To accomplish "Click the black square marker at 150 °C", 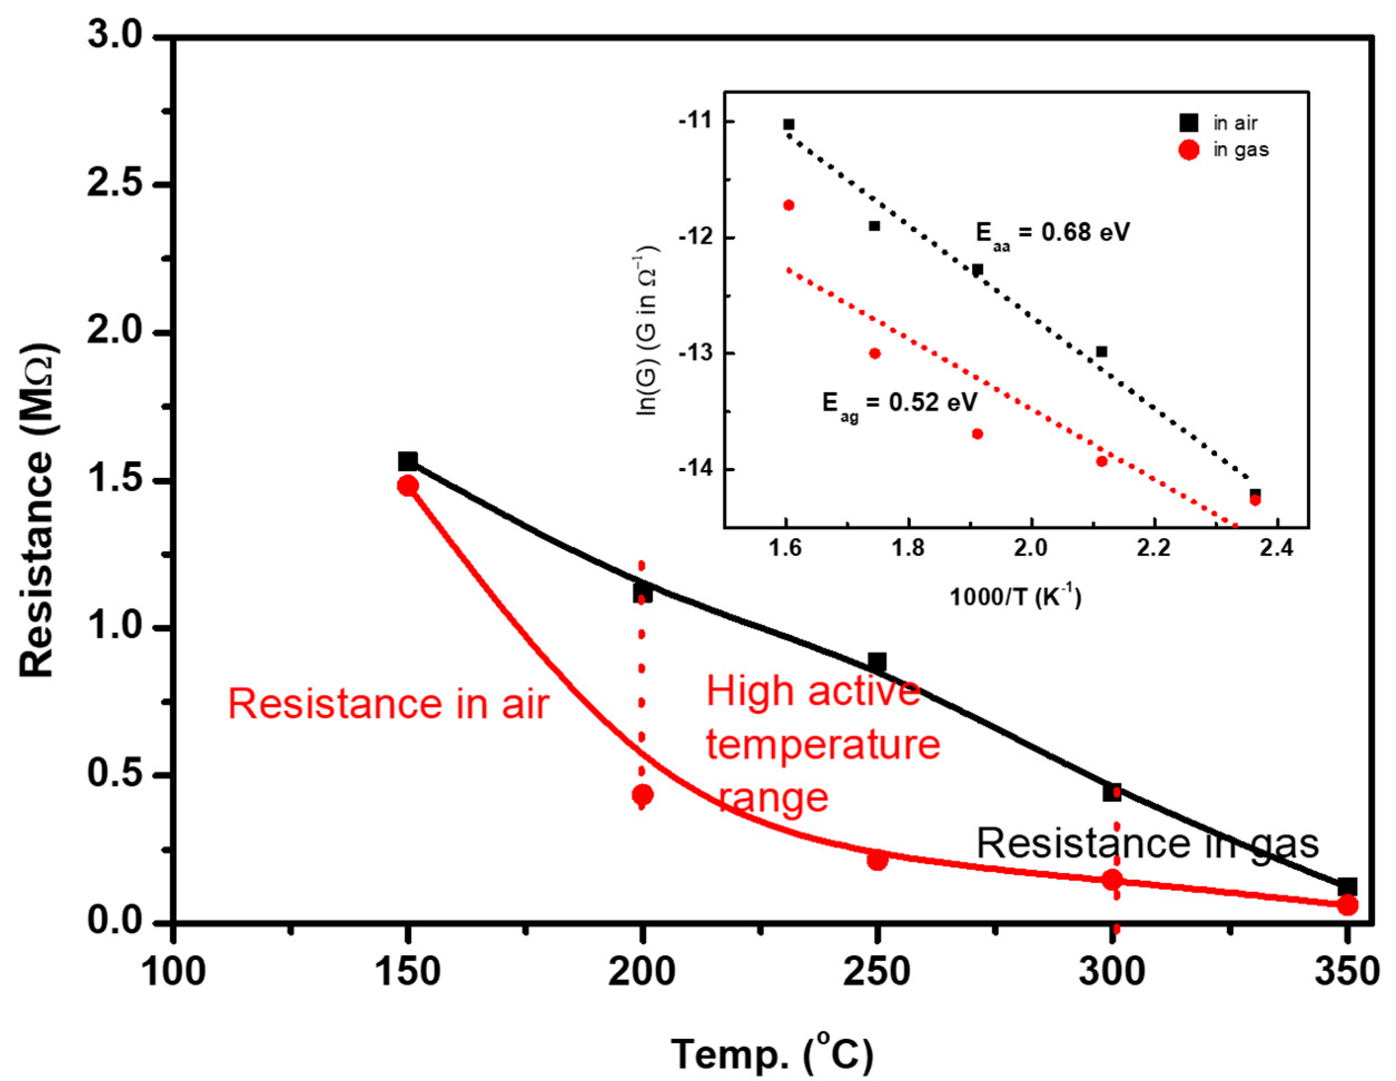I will [x=408, y=461].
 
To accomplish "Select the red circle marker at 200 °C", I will [x=642, y=795].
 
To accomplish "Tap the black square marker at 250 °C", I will [x=877, y=662].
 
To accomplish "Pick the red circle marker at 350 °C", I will [x=1348, y=905].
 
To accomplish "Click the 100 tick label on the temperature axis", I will [x=173, y=973].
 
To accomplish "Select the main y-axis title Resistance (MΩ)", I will [x=37, y=511].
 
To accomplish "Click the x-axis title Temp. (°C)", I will [x=772, y=1054].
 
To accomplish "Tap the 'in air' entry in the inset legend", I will [x=1234, y=123].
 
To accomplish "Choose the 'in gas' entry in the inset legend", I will [x=1240, y=150].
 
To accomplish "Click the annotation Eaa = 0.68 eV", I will [x=1052, y=233].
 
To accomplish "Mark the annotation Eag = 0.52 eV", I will [x=899, y=405].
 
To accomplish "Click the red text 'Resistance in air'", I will [x=389, y=704].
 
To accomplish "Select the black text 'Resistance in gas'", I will [x=1147, y=843].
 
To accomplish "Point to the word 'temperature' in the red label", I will [x=823, y=745].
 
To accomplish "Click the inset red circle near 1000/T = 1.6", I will [x=789, y=205].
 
